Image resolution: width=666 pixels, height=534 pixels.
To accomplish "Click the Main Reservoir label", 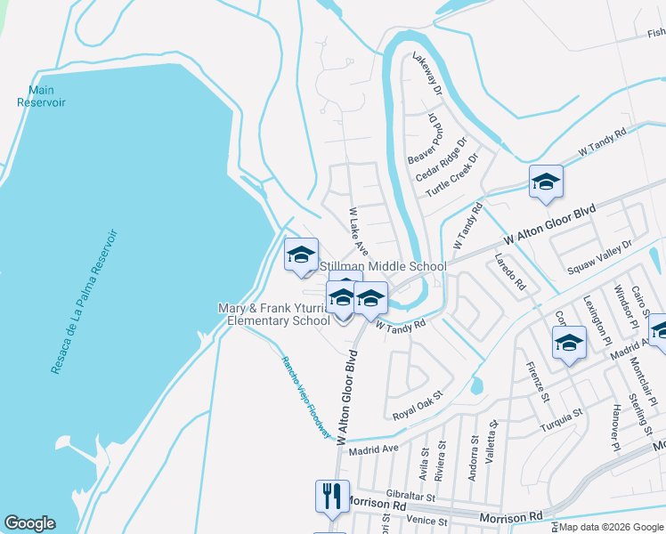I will [41, 96].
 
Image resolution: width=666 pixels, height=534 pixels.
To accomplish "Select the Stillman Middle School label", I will [383, 266].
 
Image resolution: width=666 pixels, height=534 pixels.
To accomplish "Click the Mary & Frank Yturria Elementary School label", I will [279, 314].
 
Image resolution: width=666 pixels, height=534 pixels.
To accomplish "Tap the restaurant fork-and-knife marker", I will [332, 496].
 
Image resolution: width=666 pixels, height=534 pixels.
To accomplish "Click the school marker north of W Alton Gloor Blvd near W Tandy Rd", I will [546, 182].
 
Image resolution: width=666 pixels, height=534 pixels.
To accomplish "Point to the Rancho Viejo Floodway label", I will [306, 397].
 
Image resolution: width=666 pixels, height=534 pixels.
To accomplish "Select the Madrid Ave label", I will [373, 449].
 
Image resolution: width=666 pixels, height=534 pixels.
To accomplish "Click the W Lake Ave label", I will [358, 231].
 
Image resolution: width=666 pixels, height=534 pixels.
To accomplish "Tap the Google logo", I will [29, 523].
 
